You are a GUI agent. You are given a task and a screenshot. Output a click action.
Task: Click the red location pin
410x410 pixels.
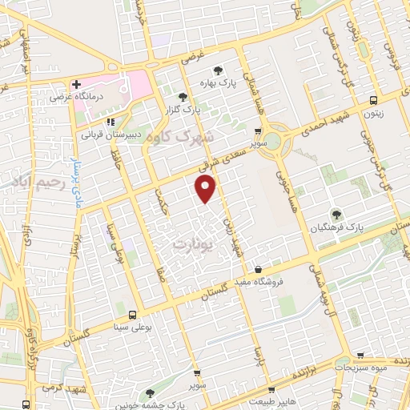point(207,189)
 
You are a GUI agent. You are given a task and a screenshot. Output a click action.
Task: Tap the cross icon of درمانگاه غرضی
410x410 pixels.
point(77,84)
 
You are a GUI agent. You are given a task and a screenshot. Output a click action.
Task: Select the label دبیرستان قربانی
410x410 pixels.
point(111,135)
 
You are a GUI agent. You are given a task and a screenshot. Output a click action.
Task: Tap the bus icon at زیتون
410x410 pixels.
point(374,101)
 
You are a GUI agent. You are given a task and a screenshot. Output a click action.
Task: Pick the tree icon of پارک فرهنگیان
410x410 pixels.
point(336,214)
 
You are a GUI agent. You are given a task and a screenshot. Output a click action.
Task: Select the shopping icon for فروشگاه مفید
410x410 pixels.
point(257,270)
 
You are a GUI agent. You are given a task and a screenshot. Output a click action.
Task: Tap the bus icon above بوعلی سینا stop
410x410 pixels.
point(131,316)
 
